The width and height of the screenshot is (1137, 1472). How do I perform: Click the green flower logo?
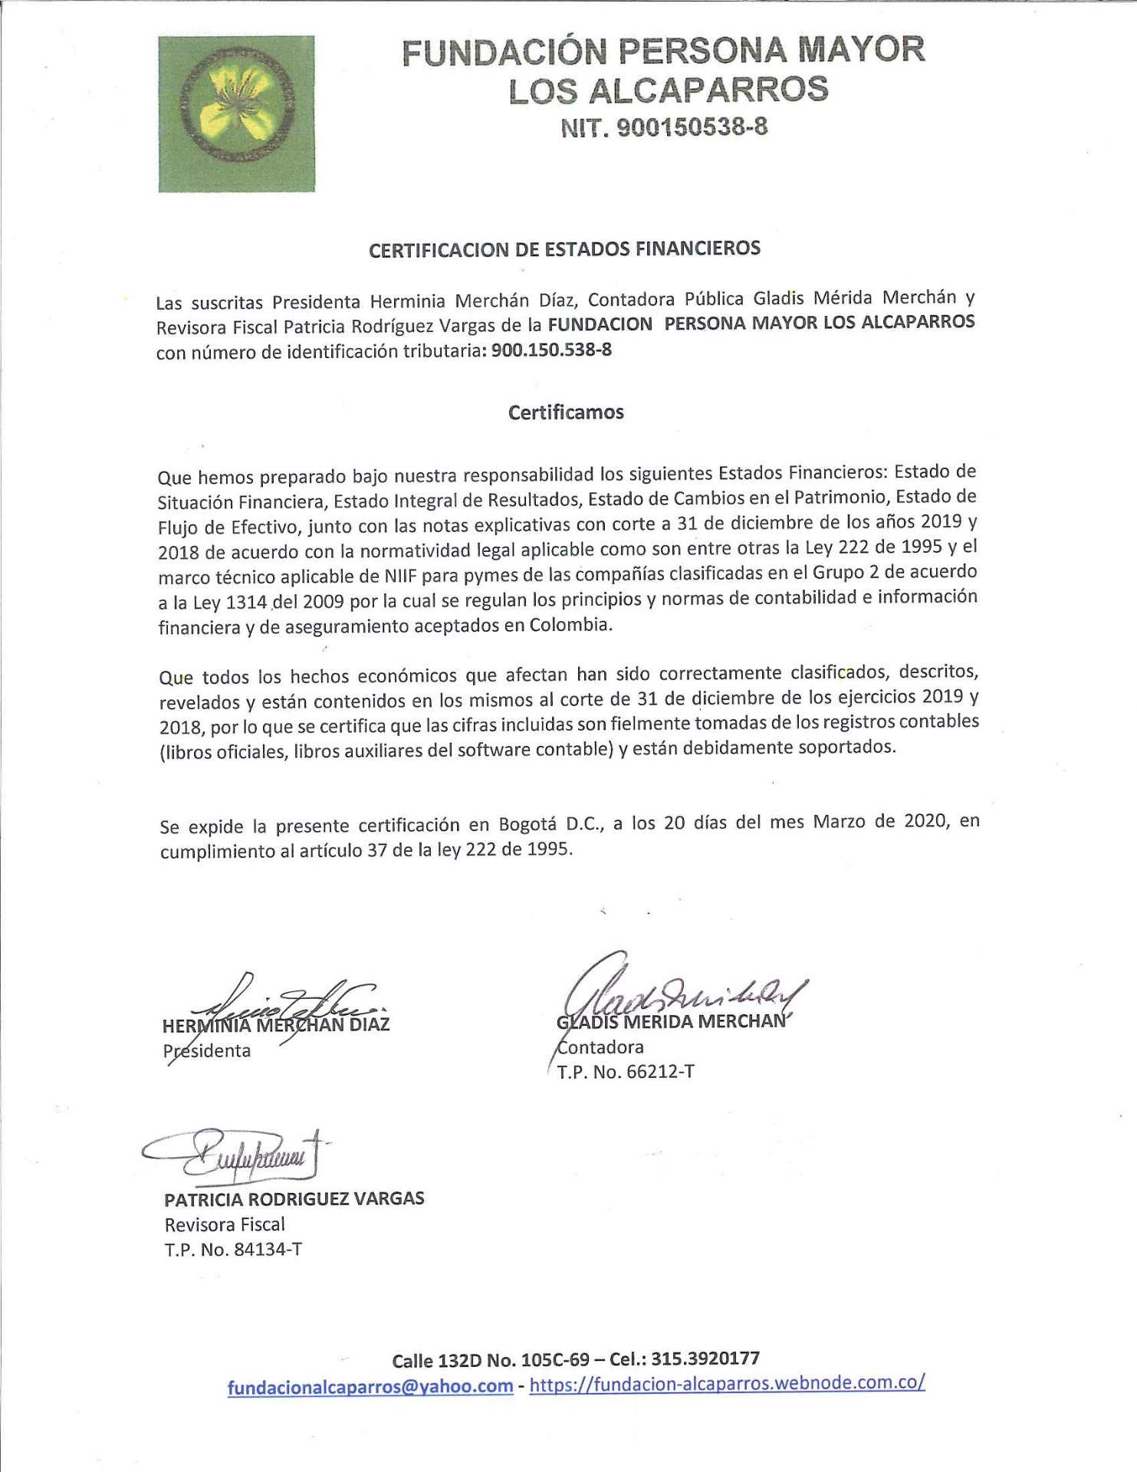coord(236,113)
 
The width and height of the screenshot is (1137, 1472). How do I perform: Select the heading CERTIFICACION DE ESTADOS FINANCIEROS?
coord(564,249)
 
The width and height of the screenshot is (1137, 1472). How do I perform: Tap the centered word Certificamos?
coord(566,412)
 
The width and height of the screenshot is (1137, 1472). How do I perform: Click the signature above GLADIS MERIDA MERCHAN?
coord(682,989)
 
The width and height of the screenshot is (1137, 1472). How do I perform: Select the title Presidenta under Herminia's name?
coord(207,1051)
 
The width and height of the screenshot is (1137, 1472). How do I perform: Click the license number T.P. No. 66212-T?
coord(626,1072)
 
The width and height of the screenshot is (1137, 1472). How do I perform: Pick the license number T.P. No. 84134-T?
coord(233,1250)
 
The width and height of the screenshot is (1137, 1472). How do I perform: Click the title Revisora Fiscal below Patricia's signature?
coord(225,1224)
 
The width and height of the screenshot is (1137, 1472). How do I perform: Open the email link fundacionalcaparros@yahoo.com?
coord(370,1387)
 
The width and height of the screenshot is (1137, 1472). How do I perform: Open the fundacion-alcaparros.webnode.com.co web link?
coord(727,1384)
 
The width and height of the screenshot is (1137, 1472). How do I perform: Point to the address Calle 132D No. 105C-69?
coord(491,1361)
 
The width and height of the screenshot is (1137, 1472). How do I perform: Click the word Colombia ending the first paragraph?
coord(570,625)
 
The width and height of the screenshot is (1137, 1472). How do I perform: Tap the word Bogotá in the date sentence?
coord(529,825)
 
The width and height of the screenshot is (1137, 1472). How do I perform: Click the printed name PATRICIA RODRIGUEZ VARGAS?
coord(294,1199)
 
